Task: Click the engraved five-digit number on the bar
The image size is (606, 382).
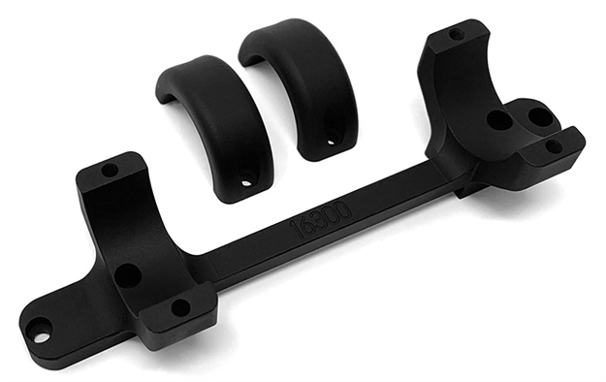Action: click(321, 215)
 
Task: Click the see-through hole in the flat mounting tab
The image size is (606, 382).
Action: click(41, 336)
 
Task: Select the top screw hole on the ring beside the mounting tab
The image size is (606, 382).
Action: click(111, 170)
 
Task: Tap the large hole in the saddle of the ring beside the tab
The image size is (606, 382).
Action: click(127, 274)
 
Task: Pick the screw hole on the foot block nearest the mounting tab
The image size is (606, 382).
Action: click(180, 307)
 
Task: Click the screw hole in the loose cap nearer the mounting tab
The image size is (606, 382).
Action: click(248, 179)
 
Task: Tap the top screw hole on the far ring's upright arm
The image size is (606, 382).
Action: click(456, 34)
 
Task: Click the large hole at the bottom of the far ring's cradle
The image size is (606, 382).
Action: click(498, 121)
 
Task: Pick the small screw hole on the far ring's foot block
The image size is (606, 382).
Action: click(554, 145)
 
